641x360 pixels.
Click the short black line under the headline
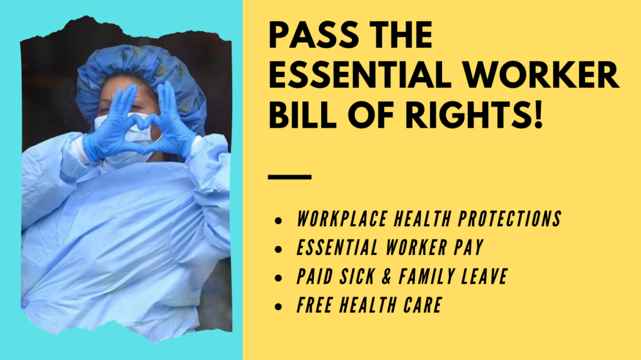pos(289,177)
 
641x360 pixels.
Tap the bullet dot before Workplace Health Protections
pos(278,221)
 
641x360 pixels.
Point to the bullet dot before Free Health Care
pos(278,307)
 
